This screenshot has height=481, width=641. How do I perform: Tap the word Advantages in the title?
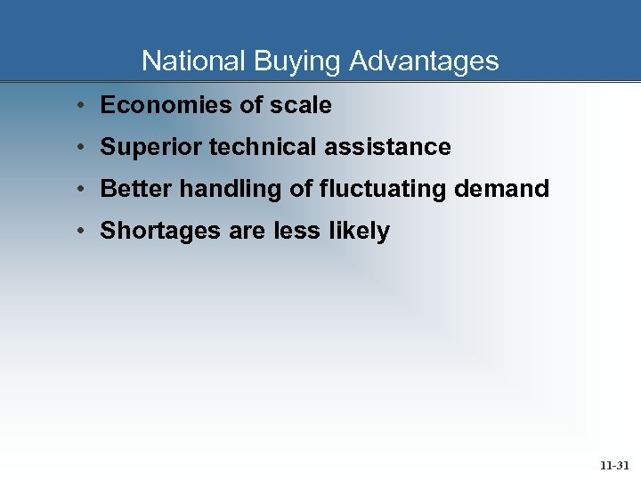424,61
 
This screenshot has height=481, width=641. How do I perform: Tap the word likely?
360,231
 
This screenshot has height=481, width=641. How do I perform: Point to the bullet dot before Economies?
80,105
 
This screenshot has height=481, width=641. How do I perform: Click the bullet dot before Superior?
80,147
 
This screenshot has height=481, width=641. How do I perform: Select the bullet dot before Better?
80,189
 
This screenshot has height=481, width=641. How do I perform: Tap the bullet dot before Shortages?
80,231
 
